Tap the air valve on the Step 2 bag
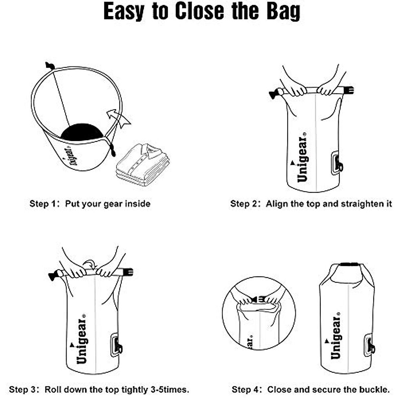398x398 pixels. (x=337, y=163)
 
